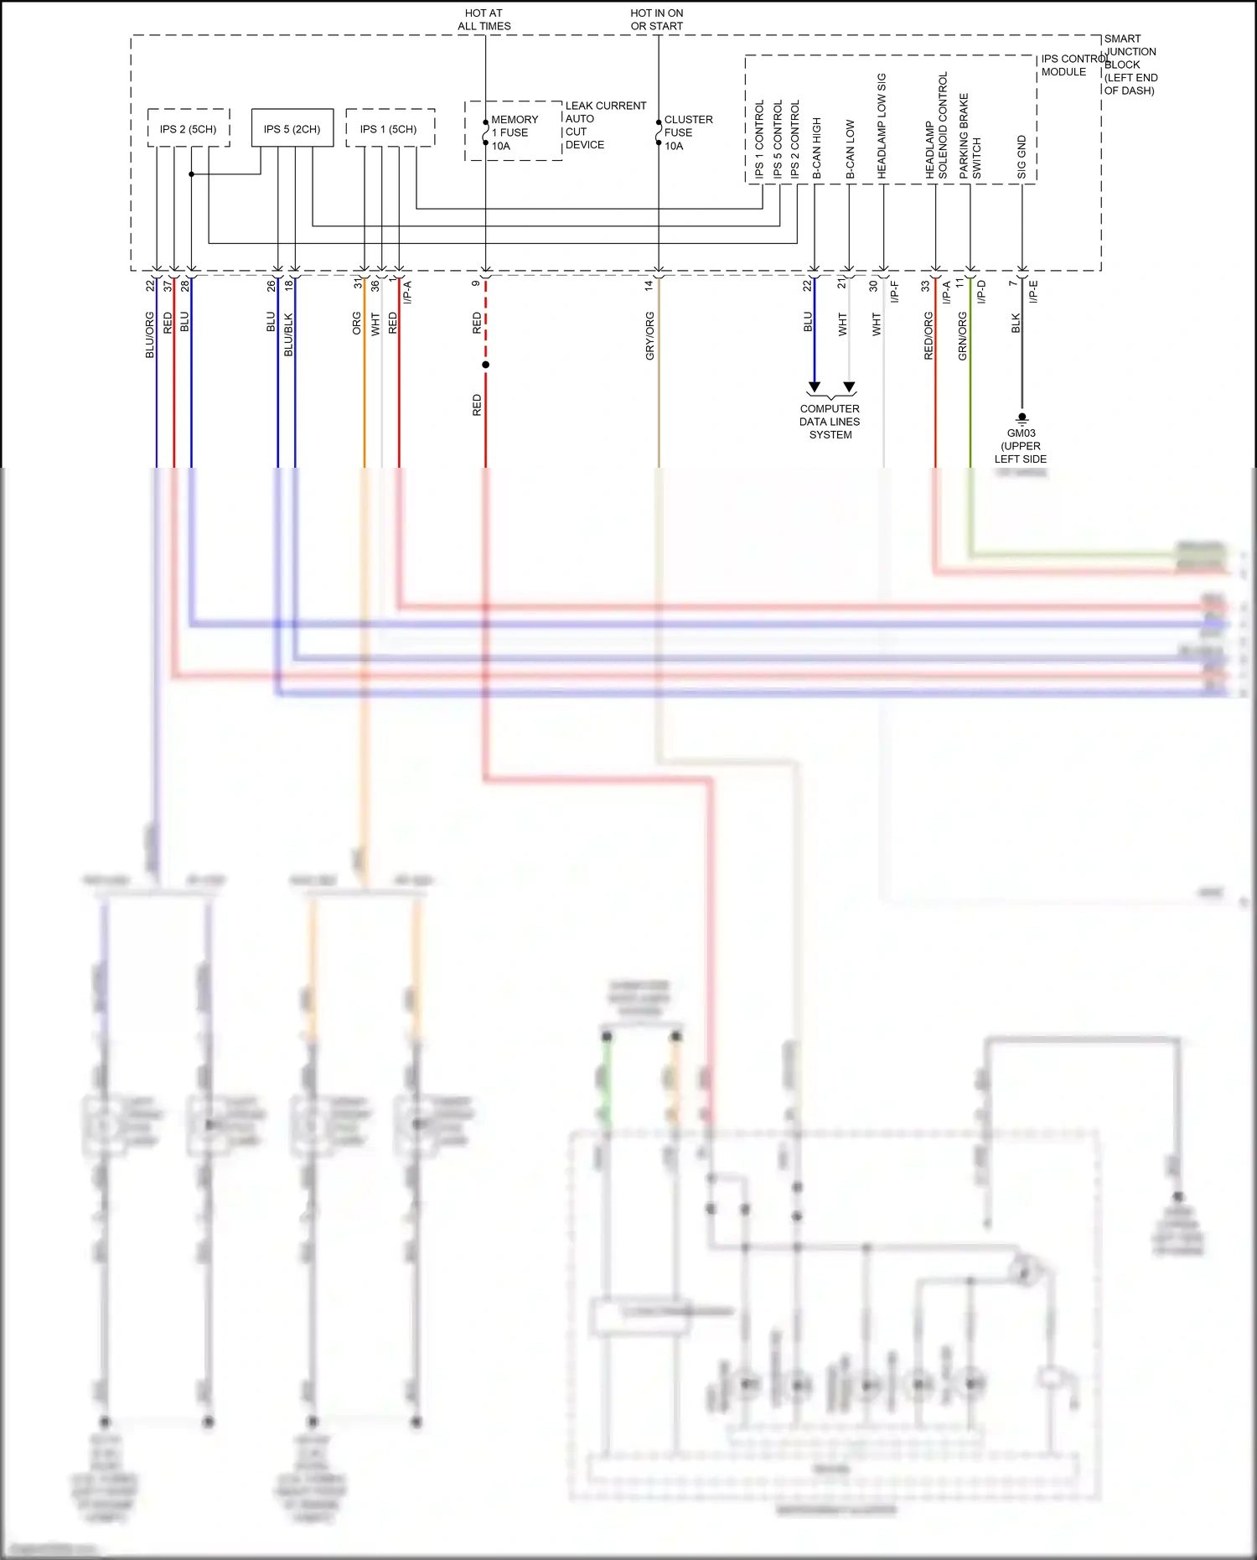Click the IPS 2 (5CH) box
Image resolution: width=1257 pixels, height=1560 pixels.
(189, 129)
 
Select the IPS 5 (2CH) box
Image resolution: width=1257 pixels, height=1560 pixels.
(292, 129)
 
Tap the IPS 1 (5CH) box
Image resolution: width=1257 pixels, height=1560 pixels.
(389, 129)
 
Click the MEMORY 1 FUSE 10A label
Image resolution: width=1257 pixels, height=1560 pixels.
(514, 132)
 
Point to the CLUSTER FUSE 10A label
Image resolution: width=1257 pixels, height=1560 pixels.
(688, 132)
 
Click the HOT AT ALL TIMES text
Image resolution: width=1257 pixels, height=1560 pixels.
(484, 19)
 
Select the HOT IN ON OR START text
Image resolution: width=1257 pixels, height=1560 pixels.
(657, 19)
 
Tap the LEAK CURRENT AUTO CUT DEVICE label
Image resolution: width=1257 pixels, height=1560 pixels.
(605, 126)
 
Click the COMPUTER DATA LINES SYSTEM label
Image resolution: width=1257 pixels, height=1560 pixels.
(830, 422)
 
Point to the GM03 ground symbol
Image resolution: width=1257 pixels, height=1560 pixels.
(1022, 417)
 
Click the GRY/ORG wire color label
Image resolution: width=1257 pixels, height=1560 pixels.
(649, 336)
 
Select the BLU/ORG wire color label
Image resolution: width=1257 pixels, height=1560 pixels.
(150, 335)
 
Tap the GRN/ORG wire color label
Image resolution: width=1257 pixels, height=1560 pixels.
(963, 336)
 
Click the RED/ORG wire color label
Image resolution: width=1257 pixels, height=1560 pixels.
(929, 336)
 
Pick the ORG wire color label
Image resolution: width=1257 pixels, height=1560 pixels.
(357, 324)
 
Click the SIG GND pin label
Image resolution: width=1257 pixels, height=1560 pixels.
(1022, 157)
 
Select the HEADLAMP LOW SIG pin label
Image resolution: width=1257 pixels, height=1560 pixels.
(882, 126)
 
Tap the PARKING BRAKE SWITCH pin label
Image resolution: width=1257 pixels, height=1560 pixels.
(970, 136)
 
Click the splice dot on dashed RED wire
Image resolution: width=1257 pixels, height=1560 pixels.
(485, 365)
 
